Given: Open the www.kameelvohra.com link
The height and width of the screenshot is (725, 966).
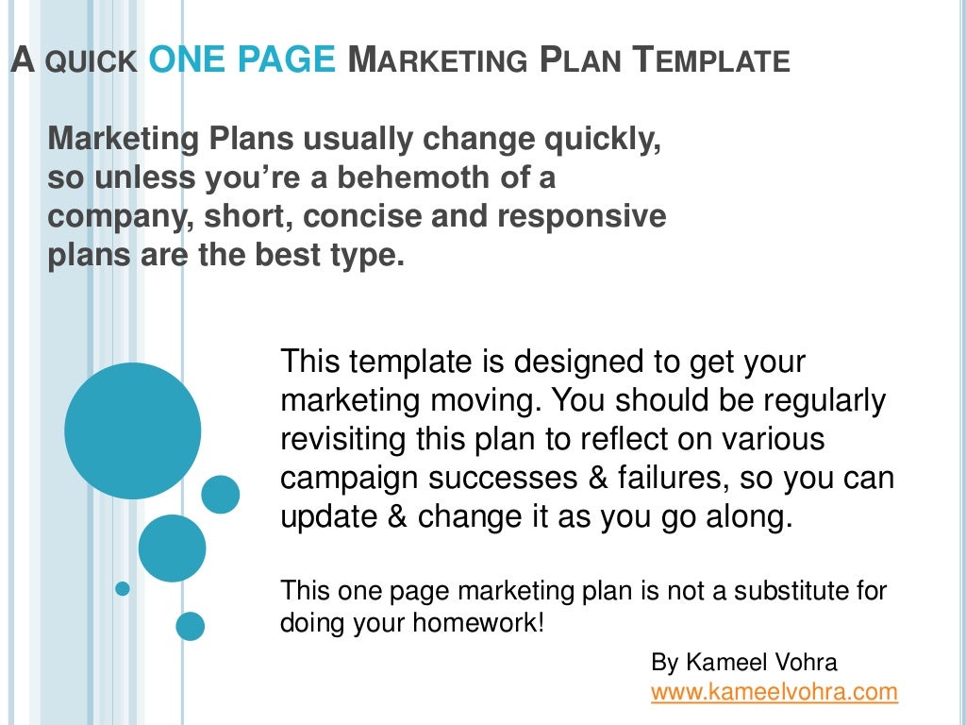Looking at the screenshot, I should pos(774,692).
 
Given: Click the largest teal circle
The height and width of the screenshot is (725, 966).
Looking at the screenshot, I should pos(132,431).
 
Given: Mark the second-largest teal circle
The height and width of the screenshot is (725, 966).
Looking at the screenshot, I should pos(172,548).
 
